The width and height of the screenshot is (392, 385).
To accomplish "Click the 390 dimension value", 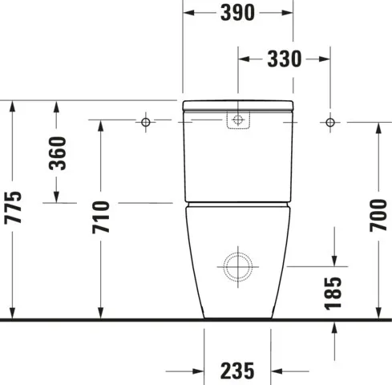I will click(237, 13).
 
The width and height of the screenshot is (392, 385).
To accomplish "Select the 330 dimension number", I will click(285, 59).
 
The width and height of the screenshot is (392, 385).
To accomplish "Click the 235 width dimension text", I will click(237, 371).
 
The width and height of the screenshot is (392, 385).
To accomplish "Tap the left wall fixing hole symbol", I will click(146, 121).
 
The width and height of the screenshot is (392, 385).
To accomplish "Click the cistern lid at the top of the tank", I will click(237, 106).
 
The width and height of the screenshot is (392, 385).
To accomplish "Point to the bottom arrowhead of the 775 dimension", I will click(13, 312).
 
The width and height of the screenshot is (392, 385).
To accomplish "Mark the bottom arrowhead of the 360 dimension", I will click(57, 197).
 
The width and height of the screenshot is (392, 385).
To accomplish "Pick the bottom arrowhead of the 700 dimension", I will click(378, 312).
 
